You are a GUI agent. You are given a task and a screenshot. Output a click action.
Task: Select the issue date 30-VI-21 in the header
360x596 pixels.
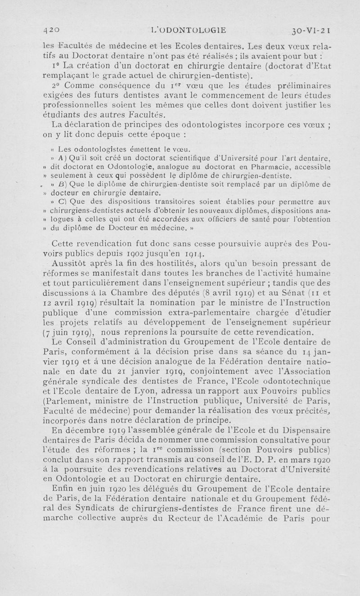(x=311, y=31)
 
